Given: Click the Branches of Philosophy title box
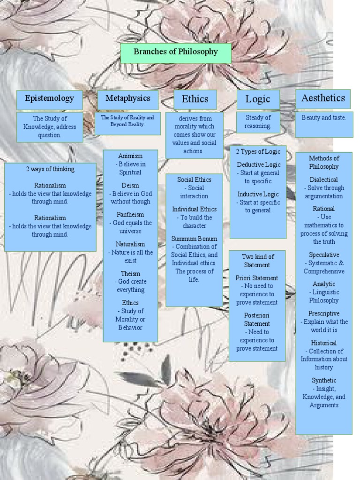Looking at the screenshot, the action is point(176,52).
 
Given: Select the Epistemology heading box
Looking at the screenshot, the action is point(49,99).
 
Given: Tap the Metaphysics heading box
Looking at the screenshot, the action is point(128,99).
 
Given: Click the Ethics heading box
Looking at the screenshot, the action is point(195,99).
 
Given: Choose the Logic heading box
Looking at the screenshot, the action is point(258,99).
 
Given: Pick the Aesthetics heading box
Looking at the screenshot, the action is point(323,98).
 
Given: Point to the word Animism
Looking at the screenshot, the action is point(130,156).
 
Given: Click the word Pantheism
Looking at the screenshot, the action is point(130,215).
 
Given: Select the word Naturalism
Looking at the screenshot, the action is point(130,244).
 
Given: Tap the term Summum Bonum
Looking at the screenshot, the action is point(194,239).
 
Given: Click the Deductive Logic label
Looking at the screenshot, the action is point(259,165).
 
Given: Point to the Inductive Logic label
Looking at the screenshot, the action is point(258,194).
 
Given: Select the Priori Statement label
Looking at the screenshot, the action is point(257,278).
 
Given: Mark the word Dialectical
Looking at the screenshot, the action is point(323,180).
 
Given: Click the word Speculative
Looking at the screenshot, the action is point(324,255).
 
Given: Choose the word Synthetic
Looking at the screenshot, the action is point(324,380).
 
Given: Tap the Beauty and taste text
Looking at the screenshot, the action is point(324,118).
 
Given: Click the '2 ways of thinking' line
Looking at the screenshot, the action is point(50,169).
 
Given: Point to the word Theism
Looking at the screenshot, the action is point(130,273).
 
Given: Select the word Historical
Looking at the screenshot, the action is point(324,343).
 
